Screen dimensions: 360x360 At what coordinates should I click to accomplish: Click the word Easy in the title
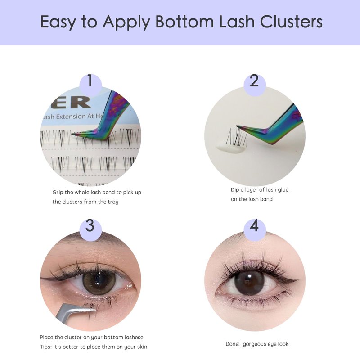(58, 22)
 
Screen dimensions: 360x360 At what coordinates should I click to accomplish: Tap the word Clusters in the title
(291, 21)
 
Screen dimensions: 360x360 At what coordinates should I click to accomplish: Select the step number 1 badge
(90, 84)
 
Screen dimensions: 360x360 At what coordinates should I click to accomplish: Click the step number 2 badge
(255, 84)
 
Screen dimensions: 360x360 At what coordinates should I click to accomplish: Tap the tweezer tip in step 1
(72, 134)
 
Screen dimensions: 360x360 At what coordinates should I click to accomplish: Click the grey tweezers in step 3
(73, 312)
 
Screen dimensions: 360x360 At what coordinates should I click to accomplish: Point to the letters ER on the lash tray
(71, 102)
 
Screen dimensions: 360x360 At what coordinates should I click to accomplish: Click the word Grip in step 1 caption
(58, 193)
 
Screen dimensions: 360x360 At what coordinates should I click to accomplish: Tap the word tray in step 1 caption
(113, 202)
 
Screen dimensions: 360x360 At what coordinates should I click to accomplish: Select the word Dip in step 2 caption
(235, 190)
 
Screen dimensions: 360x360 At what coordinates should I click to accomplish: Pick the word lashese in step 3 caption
(134, 337)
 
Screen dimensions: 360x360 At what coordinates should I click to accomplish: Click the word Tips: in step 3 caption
(46, 346)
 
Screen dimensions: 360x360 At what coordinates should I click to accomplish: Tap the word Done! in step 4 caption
(233, 344)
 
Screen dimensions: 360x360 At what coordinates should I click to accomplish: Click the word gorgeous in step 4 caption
(253, 344)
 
